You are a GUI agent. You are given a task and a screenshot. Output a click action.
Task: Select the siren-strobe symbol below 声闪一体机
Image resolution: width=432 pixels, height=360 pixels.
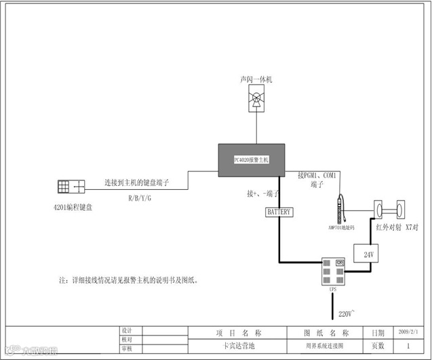pyautogui.click(x=256, y=101)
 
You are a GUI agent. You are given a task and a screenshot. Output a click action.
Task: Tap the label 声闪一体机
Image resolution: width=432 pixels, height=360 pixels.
pyautogui.click(x=256, y=80)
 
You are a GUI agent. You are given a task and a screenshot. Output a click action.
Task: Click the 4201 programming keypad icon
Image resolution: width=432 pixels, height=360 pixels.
pyautogui.click(x=71, y=186)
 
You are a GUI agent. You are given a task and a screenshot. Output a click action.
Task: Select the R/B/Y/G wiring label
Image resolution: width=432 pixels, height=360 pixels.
pyautogui.click(x=140, y=199)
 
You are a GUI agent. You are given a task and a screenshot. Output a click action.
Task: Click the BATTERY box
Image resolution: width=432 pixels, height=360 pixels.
pyautogui.click(x=278, y=212)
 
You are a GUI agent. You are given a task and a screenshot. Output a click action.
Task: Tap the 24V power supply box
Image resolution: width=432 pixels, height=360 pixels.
pyautogui.click(x=369, y=255)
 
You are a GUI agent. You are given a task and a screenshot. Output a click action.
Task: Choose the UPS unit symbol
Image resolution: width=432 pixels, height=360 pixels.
pyautogui.click(x=333, y=271)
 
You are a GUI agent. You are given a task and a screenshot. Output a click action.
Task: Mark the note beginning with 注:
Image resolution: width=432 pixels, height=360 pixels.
pyautogui.click(x=130, y=280)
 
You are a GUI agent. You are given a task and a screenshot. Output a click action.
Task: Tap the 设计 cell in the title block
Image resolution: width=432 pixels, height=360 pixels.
pyautogui.click(x=125, y=330)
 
